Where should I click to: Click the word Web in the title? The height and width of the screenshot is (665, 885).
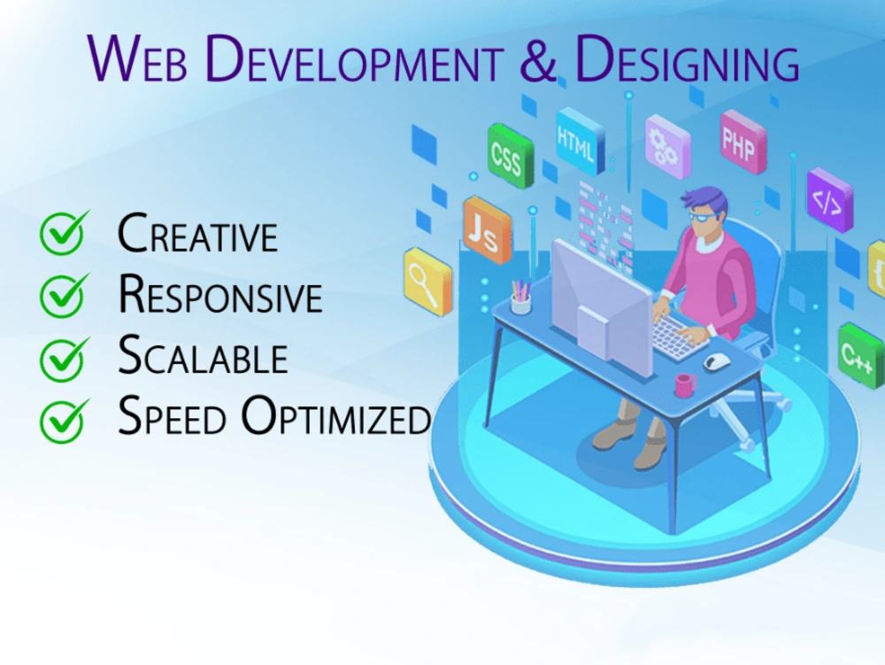(141, 59)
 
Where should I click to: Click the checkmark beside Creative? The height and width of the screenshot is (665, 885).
(65, 234)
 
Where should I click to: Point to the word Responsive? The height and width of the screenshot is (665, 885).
(220, 296)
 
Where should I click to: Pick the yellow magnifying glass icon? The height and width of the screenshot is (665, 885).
(427, 281)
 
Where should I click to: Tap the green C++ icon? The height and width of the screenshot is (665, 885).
(859, 354)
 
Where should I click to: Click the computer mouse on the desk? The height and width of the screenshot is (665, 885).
(717, 360)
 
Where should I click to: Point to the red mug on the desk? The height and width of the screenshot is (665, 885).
(685, 384)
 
